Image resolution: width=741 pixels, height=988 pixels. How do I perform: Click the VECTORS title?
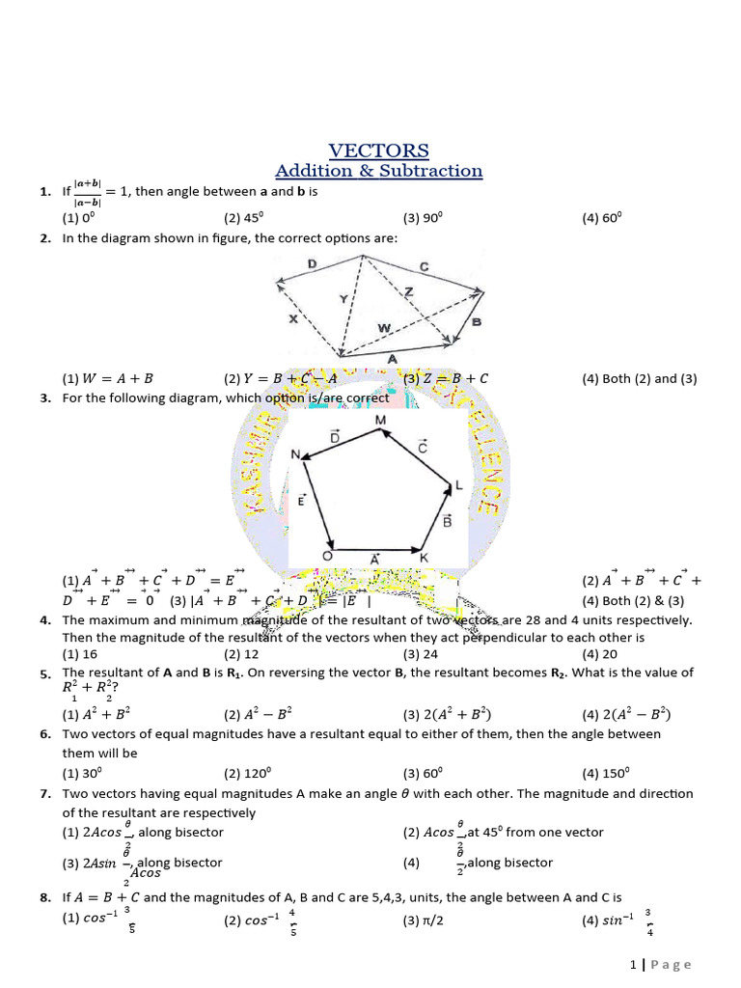coord(378,151)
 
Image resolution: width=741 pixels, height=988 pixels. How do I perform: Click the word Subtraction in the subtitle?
coord(433,171)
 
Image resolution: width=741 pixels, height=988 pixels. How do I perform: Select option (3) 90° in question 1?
coord(423,218)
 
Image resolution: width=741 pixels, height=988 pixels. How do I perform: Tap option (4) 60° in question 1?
coord(602,218)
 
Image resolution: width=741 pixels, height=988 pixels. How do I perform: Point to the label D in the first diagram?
coord(312,263)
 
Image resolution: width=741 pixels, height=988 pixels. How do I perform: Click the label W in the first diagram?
coord(383,328)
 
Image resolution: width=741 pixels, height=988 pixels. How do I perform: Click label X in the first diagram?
coord(293,316)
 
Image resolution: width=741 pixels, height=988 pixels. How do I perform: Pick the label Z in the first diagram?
coord(409,290)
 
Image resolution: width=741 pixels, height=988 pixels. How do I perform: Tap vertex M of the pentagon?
coord(380,421)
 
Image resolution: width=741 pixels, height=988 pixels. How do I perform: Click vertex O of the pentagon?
coord(327,557)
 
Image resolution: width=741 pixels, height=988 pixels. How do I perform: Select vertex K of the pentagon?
coord(423,558)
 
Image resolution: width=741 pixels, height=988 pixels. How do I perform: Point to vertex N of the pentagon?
coord(295,453)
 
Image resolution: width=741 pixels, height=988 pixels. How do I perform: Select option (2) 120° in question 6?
coord(247,773)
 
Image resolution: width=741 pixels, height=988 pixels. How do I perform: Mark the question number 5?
coord(45,673)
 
